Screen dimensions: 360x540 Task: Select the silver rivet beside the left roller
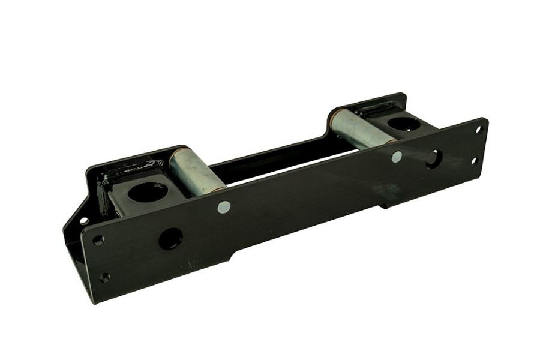(x=224, y=207)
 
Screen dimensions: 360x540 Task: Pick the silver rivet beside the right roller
(x=397, y=157)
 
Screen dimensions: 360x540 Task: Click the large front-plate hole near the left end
(x=170, y=239)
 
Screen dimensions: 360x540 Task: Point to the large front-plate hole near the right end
(x=433, y=158)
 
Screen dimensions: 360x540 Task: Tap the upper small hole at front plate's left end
(x=98, y=240)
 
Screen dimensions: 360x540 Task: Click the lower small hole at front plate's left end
(x=105, y=277)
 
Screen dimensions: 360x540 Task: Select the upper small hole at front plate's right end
(x=478, y=129)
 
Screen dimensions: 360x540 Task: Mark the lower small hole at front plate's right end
(x=474, y=160)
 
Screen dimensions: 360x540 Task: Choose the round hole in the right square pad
(x=401, y=125)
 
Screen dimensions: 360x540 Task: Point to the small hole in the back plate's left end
(x=83, y=220)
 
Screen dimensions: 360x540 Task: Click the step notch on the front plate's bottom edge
(x=232, y=257)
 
